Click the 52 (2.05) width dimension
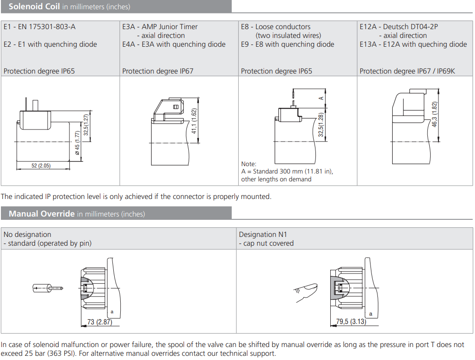click(x=41, y=166)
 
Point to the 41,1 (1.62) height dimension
click(x=194, y=121)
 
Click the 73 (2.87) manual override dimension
click(x=99, y=322)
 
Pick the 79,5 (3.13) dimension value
click(x=352, y=322)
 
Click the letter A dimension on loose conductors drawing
click(x=320, y=98)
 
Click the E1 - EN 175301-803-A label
click(x=39, y=27)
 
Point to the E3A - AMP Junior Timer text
click(x=160, y=27)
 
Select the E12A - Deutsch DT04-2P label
click(x=399, y=27)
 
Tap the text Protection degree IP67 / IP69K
click(x=407, y=71)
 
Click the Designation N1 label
click(x=263, y=235)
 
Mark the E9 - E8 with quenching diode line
click(x=287, y=44)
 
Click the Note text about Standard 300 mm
click(x=287, y=172)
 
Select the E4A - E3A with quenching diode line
click(x=174, y=44)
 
